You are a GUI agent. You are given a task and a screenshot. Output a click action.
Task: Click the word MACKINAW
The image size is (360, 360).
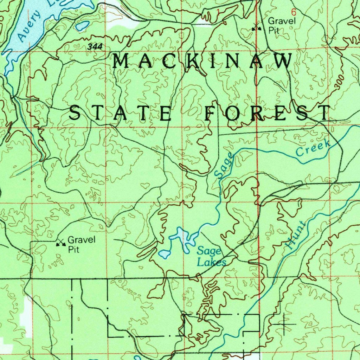coord(202,62)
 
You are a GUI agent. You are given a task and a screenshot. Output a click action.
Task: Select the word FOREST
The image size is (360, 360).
coord(268,113)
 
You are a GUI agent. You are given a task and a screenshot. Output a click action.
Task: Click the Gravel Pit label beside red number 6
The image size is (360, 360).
coord(282,25)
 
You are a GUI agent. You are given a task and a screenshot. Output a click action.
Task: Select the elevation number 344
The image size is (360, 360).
coord(93,47)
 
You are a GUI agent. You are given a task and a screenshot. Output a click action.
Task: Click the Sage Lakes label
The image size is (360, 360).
coord(210,256)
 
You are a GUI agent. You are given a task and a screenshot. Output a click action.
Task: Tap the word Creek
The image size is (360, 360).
coord(313,148)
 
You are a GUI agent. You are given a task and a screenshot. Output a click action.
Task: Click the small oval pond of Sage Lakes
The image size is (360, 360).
coord(164,254)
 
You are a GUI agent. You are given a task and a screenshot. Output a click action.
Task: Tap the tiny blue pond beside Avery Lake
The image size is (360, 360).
coord(83,25)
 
